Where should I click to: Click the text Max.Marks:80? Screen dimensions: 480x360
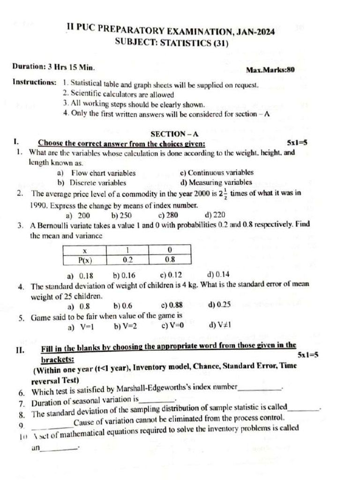(x=270, y=70)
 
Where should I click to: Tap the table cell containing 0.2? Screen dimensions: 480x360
(x=127, y=259)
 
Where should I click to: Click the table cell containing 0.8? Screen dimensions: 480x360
(x=170, y=259)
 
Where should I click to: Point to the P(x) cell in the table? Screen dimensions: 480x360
(x=85, y=259)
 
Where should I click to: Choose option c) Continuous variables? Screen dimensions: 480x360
(x=217, y=173)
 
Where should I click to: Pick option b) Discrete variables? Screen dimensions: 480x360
(x=91, y=183)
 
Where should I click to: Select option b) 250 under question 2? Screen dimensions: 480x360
(x=121, y=215)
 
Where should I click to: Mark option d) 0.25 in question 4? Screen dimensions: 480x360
(x=219, y=305)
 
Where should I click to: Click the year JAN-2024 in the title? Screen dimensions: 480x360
(x=253, y=31)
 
